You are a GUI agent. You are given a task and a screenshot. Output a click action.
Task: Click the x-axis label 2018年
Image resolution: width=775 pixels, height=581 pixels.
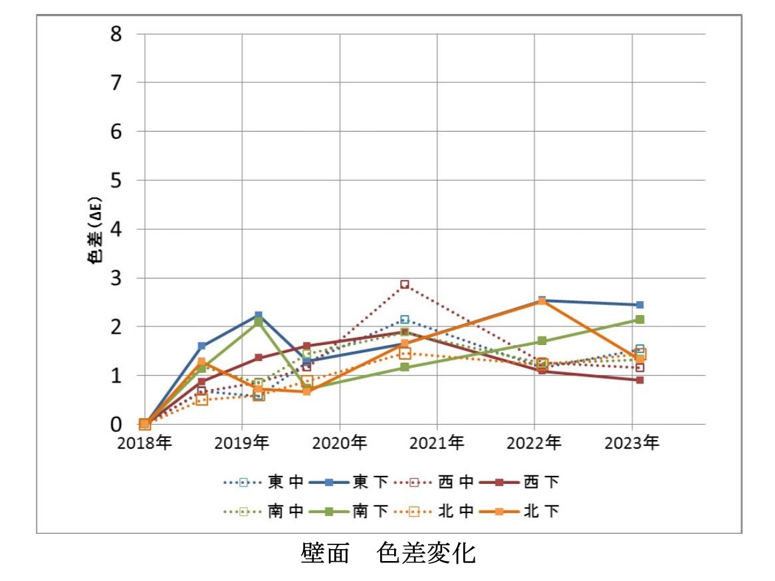point(144,442)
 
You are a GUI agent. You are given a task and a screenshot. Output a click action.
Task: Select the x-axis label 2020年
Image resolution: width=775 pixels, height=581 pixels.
point(340,442)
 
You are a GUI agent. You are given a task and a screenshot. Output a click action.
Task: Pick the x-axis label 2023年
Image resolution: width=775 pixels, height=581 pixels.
point(632,442)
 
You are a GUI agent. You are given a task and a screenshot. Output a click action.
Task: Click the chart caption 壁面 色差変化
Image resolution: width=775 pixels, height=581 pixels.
point(387,552)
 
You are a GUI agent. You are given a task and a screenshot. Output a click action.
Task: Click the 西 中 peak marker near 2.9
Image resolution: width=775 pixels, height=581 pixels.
point(404,285)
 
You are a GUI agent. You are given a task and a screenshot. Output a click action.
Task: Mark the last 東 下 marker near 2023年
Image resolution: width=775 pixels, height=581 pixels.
point(639,304)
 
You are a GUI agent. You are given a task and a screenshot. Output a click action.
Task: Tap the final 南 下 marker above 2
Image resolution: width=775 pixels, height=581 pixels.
point(639,320)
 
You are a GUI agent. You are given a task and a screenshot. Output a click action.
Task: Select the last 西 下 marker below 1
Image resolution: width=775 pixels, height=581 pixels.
point(639,380)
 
